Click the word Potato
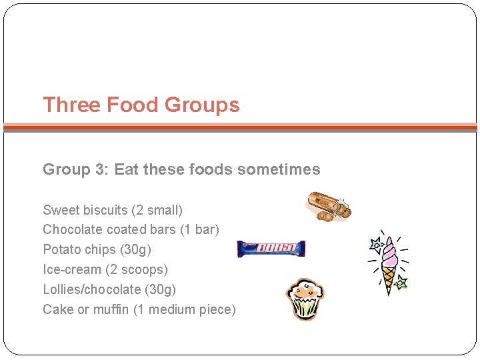pos(61,249)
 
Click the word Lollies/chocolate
pos(92,289)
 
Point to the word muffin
pos(112,309)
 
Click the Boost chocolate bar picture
pos(271,249)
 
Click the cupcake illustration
pos(305,299)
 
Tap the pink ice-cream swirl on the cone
pos(389,251)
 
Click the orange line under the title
pos(240,126)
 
